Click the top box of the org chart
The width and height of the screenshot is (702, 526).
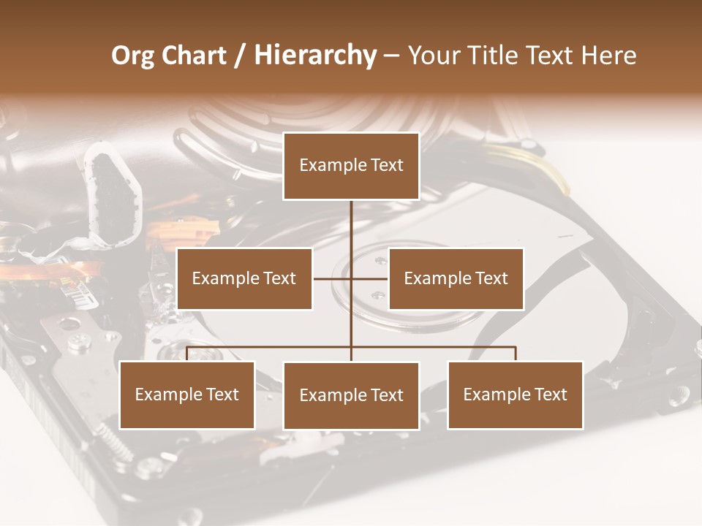(x=351, y=166)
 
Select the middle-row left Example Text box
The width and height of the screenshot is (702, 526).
(x=244, y=278)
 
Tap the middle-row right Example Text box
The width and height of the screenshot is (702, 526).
(x=456, y=278)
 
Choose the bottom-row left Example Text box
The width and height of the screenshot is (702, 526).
(x=187, y=394)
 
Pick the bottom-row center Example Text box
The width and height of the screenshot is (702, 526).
(x=351, y=395)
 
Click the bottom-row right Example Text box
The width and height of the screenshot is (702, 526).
(x=515, y=394)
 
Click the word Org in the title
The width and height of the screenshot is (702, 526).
(x=132, y=56)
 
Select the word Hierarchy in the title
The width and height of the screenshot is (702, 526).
(x=314, y=56)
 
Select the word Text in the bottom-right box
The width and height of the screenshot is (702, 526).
(x=548, y=394)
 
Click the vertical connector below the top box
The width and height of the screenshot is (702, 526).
(x=351, y=226)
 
